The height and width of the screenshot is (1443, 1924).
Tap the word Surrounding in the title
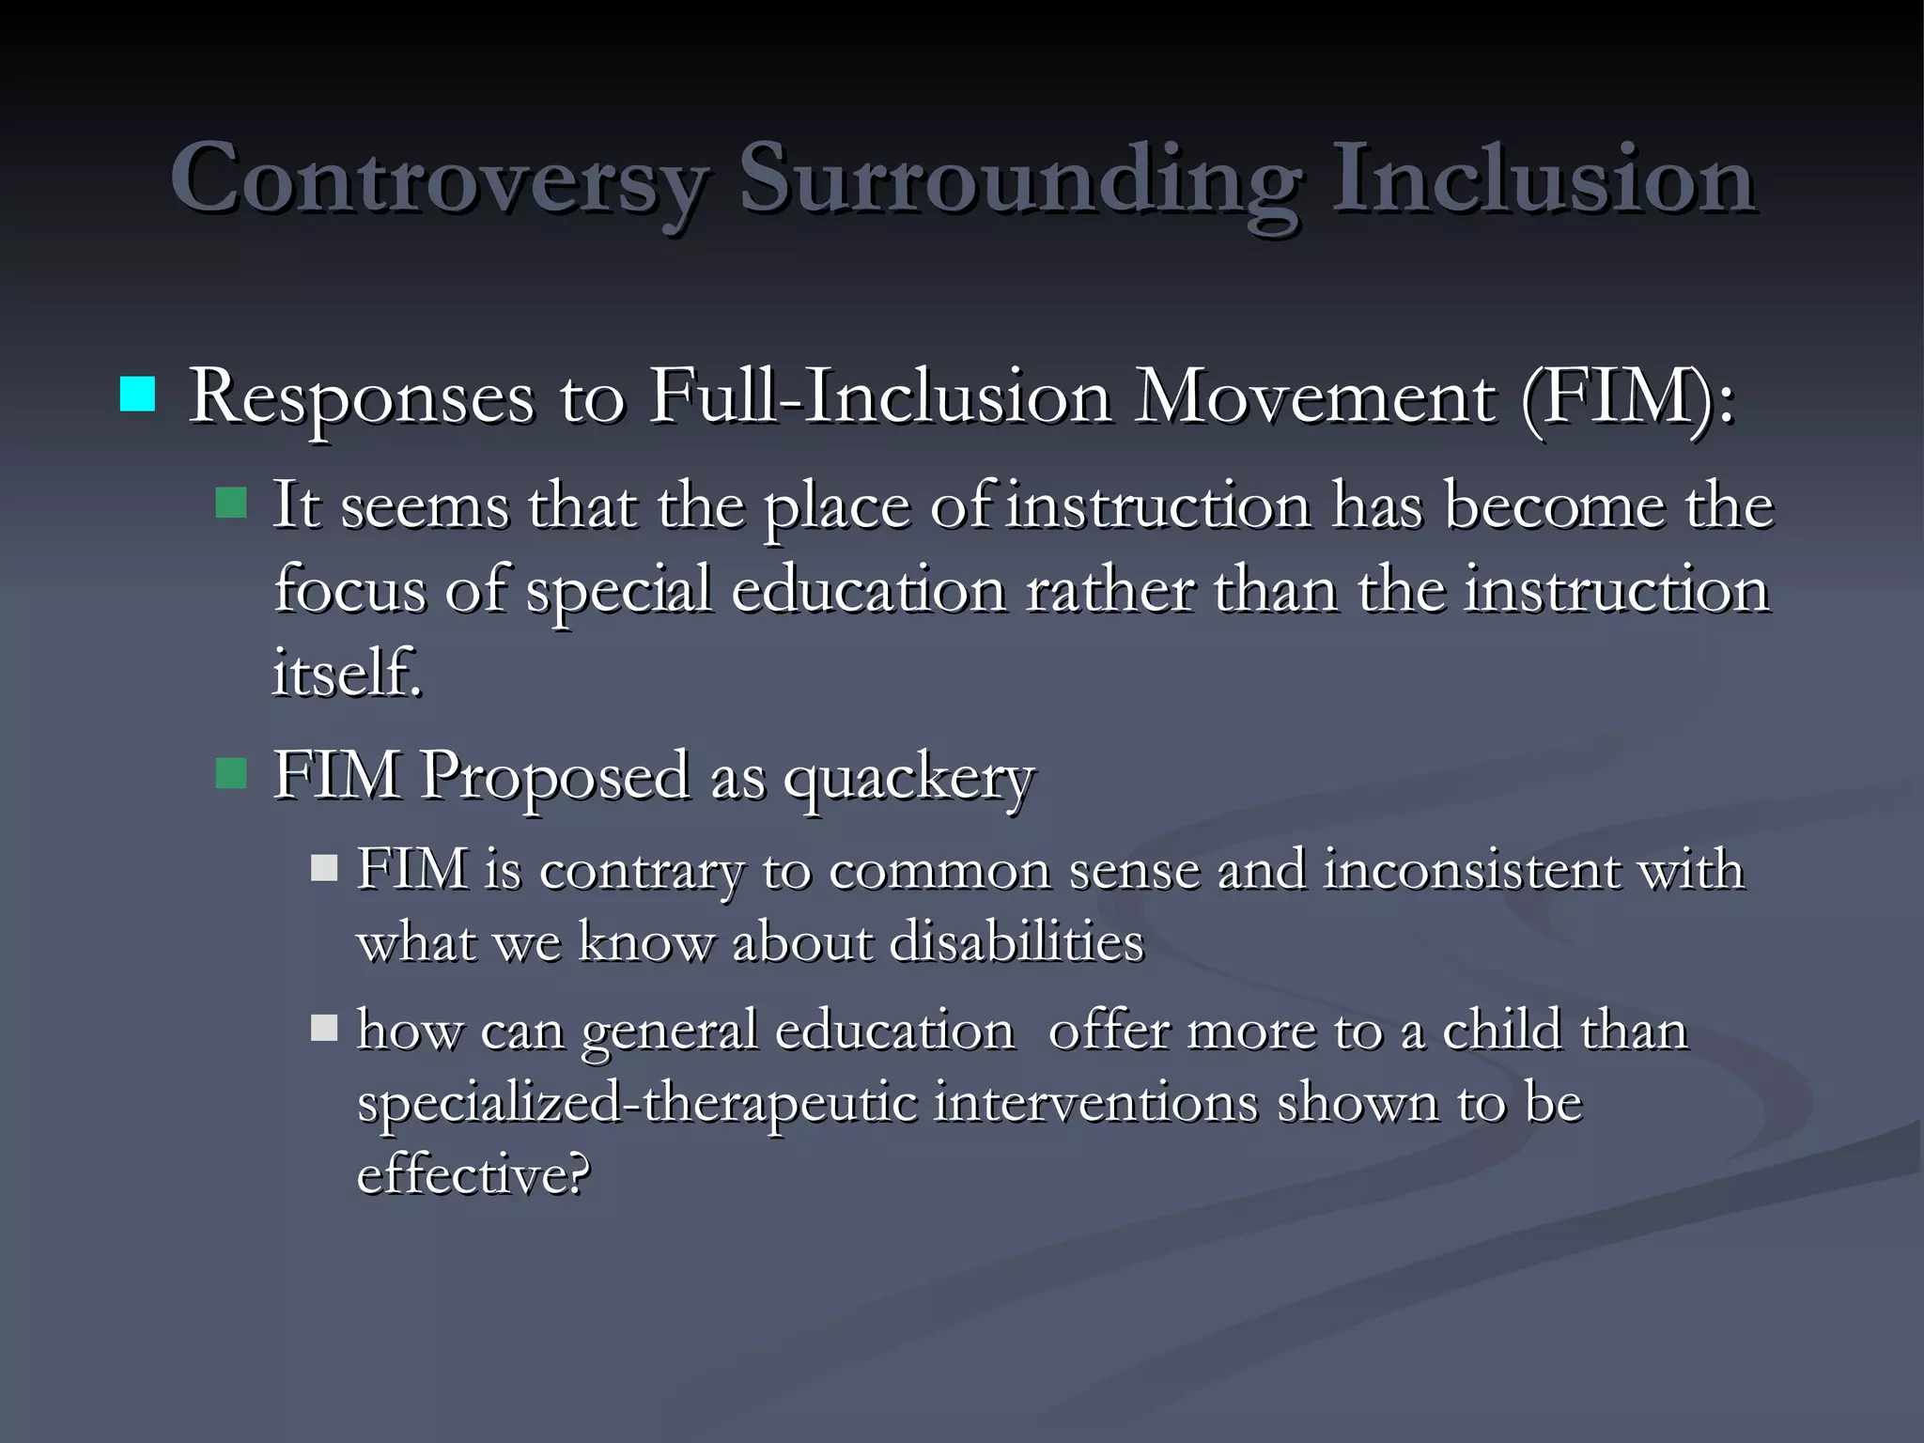tap(1019, 179)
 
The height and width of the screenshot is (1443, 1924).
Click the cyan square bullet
tap(137, 395)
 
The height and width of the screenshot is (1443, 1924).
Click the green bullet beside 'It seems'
tap(230, 504)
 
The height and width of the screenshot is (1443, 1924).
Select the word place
tap(836, 507)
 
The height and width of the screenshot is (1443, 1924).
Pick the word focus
tap(349, 591)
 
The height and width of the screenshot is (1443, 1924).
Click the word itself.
tap(347, 673)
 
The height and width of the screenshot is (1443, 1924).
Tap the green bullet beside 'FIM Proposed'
tap(230, 773)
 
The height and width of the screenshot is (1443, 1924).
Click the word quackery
tap(908, 779)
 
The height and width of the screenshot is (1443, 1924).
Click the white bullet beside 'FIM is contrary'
tap(324, 867)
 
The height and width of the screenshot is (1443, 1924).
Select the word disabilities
tap(1016, 942)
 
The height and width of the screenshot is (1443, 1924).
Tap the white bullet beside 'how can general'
tap(324, 1029)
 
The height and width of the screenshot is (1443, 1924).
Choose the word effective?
tap(473, 1174)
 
